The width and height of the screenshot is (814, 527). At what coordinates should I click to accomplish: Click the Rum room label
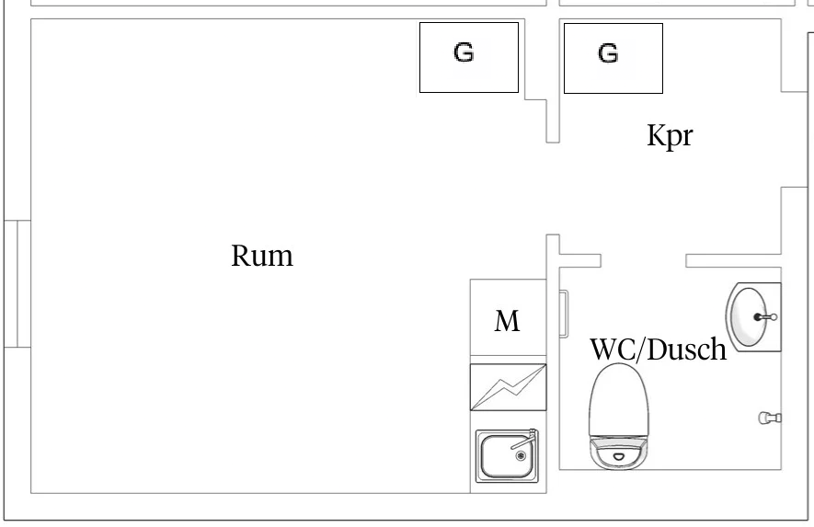click(x=262, y=256)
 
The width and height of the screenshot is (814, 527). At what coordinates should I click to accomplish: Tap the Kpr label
click(x=670, y=136)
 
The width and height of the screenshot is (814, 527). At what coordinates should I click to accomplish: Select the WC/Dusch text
click(x=659, y=349)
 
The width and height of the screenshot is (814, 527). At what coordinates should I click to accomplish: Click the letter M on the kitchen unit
click(x=507, y=321)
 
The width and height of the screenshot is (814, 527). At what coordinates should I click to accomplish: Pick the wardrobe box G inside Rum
click(x=469, y=58)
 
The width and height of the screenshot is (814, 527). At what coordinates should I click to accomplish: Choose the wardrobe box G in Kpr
click(x=613, y=58)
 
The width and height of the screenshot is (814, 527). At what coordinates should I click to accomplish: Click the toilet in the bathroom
click(x=618, y=416)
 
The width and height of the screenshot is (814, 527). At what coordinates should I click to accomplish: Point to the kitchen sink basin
click(x=506, y=456)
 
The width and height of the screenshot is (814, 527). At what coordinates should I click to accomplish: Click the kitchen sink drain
click(x=521, y=456)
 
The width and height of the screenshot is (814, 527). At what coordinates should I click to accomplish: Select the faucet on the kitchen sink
click(x=524, y=440)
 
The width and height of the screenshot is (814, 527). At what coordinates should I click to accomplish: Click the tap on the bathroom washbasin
click(x=766, y=316)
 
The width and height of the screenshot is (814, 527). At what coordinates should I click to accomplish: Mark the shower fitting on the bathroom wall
click(x=770, y=418)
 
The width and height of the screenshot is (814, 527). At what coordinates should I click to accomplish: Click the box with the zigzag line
click(x=509, y=387)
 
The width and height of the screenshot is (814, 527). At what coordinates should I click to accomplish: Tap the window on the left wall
click(x=17, y=283)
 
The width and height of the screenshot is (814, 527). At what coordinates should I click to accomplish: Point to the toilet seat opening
click(x=618, y=456)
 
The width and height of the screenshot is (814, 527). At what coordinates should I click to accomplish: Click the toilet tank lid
click(x=618, y=399)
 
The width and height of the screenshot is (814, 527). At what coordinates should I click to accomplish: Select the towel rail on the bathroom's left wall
click(x=564, y=314)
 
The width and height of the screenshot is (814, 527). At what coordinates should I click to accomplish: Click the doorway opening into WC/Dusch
click(x=644, y=260)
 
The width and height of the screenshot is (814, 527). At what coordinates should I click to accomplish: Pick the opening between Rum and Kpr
click(x=553, y=189)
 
